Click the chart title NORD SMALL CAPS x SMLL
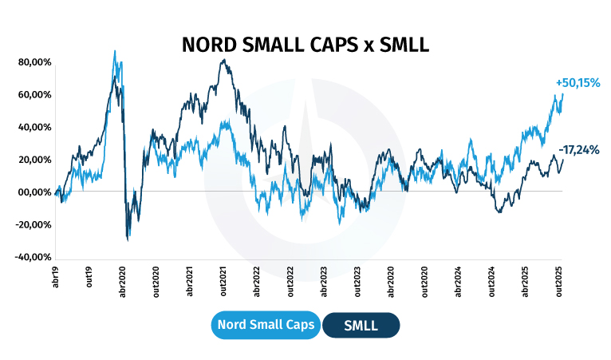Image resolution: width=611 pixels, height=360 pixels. pos(305,45)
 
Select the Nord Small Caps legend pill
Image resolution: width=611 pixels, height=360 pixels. pos(266,326)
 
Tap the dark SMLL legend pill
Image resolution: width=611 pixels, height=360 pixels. pos(361,326)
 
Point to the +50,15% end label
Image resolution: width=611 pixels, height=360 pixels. pos(577,83)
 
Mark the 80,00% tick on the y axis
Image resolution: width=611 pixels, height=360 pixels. pos(35,61)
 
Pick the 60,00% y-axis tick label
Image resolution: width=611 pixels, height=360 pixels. pos(35,94)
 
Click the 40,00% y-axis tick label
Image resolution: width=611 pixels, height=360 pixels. pos(35,127)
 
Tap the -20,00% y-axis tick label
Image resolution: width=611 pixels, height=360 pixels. pos(34,224)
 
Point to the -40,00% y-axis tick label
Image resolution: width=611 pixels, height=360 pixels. pos(34,257)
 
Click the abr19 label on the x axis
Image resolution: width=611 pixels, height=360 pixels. pos(56,277)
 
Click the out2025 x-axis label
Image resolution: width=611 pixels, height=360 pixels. pos(559,281)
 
